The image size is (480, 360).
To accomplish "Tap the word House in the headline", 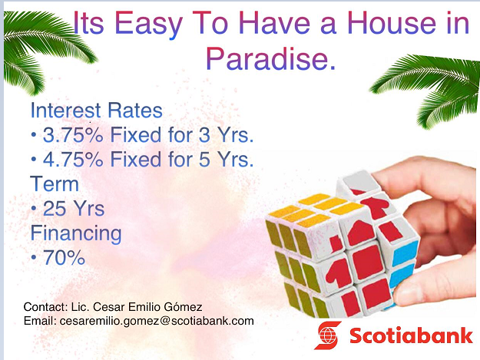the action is (392, 23).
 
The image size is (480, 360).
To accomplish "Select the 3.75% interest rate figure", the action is (73, 135).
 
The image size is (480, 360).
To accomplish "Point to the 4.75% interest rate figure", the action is (73, 160).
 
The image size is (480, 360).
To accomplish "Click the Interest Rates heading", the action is (97, 110).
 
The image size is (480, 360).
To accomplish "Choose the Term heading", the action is (55, 183).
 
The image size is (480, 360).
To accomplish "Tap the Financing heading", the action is (76, 234).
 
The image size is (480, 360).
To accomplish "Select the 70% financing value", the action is (64, 258).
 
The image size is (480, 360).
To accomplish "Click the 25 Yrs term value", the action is (74, 209).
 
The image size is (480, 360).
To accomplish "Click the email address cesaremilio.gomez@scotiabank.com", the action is (157, 321).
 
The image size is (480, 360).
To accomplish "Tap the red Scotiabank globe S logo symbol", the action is (328, 335).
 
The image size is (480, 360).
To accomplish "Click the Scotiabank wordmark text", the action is (411, 335).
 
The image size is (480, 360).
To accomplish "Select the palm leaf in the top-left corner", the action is (46, 49).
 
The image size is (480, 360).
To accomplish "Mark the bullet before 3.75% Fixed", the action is (34, 135).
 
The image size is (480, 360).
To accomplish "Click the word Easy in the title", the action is (149, 25).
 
